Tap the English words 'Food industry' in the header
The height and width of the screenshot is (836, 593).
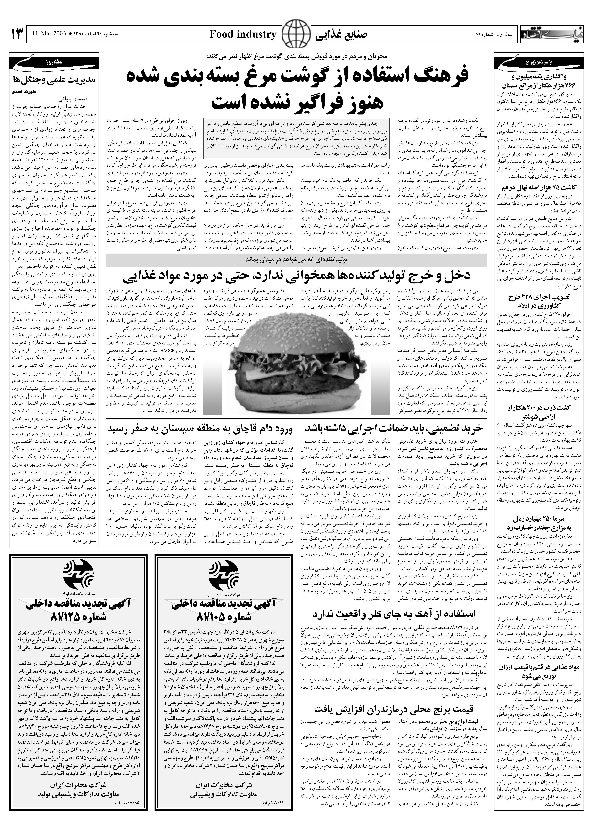243,35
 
